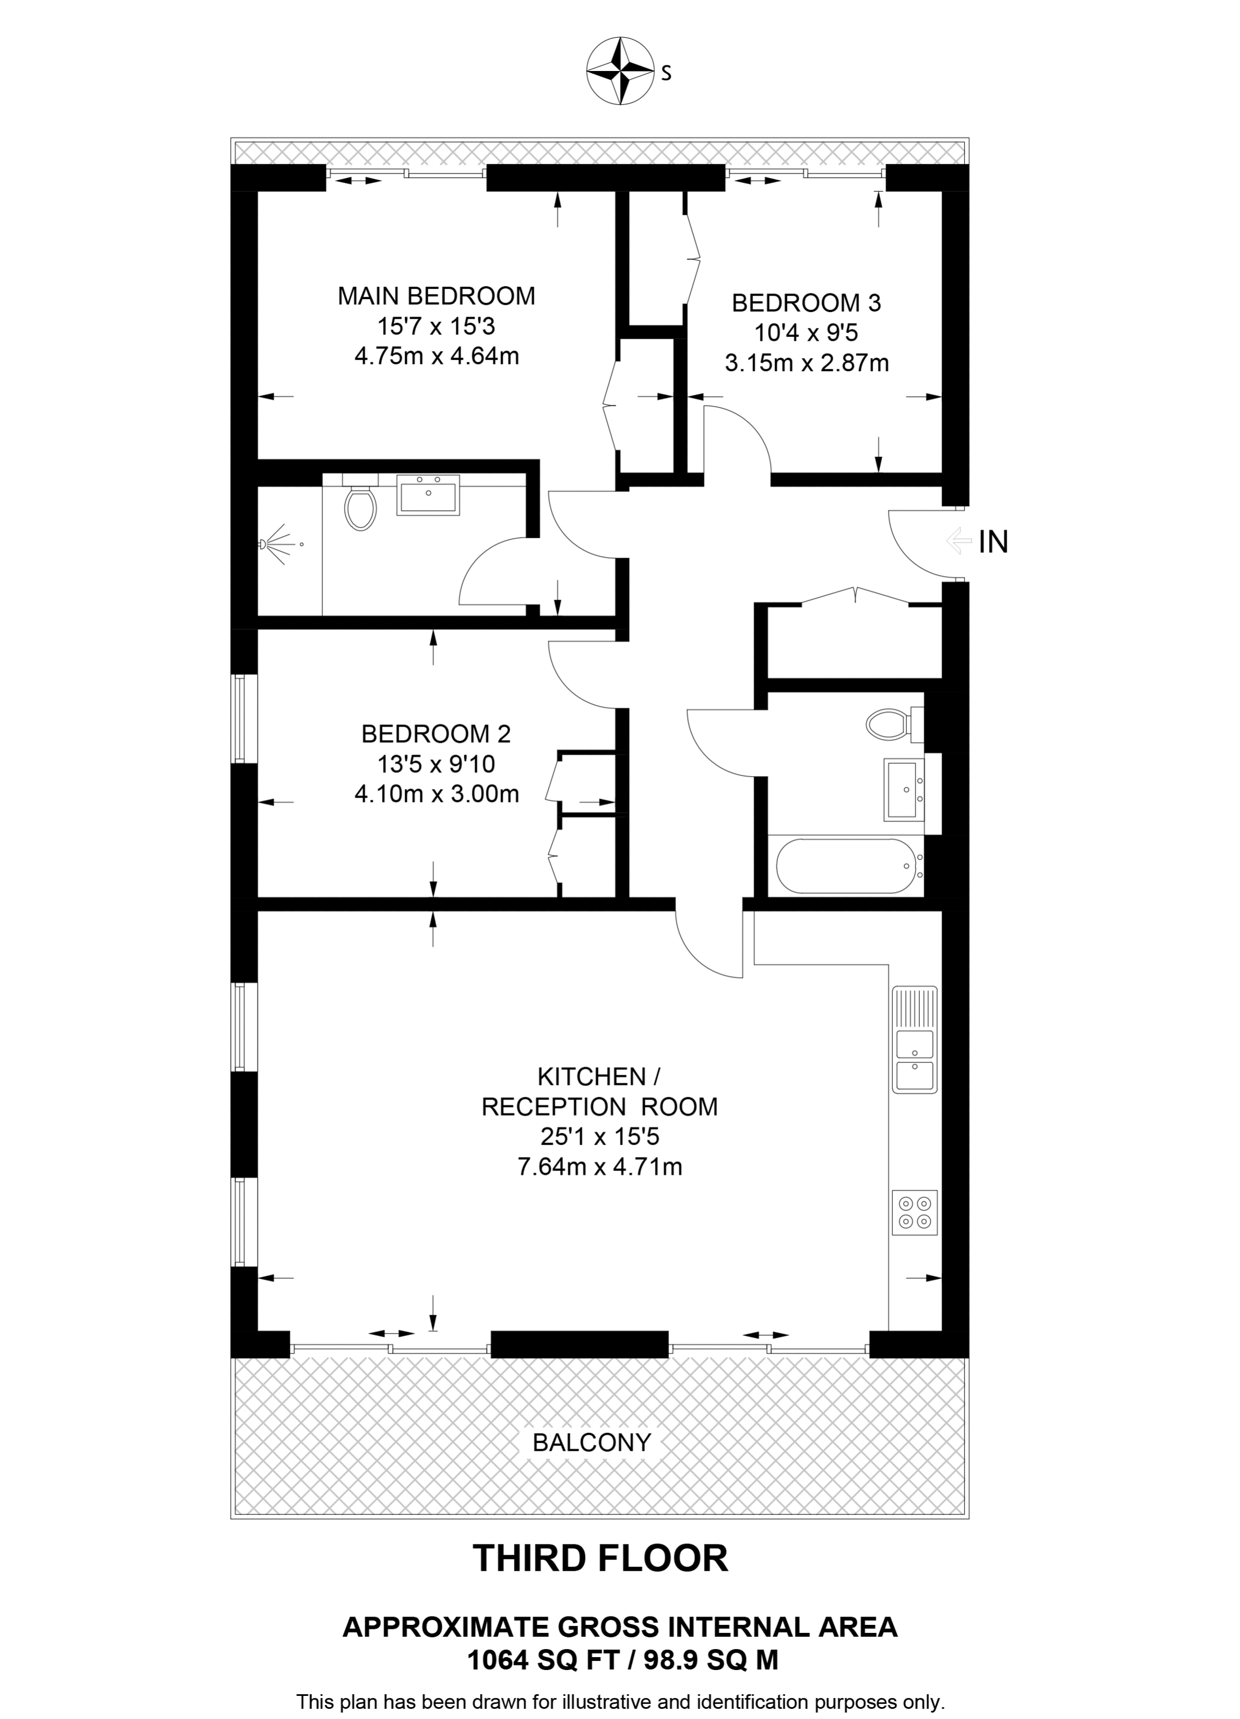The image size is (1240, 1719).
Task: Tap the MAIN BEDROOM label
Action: pyautogui.click(x=436, y=296)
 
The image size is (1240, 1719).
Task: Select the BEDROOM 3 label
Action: pyautogui.click(x=806, y=303)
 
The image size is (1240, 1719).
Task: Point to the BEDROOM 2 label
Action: pyautogui.click(x=436, y=734)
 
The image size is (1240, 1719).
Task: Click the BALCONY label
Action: pyautogui.click(x=592, y=1442)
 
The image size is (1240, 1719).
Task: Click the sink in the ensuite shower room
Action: pyautogui.click(x=428, y=495)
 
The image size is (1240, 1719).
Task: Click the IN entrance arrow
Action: pyautogui.click(x=959, y=541)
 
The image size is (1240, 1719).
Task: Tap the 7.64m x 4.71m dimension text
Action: pyautogui.click(x=599, y=1166)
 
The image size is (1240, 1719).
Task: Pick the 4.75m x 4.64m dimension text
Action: pyautogui.click(x=436, y=355)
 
